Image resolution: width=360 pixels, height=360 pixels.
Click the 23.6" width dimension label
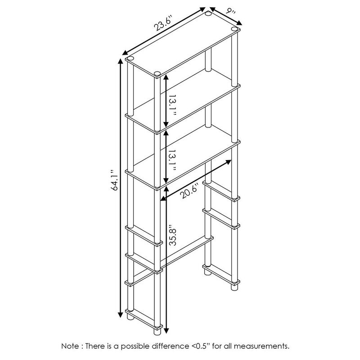point(163,23)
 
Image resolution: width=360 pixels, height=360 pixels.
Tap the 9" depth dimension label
point(230,10)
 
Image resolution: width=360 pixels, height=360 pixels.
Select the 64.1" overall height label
point(114,180)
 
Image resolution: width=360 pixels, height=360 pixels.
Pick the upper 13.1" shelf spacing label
point(172,105)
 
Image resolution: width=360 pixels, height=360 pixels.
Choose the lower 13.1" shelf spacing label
point(172,161)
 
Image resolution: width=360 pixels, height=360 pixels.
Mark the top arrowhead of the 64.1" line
point(120,62)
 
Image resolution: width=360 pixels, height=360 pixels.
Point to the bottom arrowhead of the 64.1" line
point(120,315)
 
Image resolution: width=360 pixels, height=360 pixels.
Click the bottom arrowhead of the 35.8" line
point(166,330)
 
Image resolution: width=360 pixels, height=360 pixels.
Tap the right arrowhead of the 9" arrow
point(239,22)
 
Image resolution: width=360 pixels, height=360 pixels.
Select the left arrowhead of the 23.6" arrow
point(125,53)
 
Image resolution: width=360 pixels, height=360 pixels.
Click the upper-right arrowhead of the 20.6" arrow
point(228,162)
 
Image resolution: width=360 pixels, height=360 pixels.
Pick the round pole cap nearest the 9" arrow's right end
point(234,29)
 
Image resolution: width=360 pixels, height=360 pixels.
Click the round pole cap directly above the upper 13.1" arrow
point(157,73)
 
